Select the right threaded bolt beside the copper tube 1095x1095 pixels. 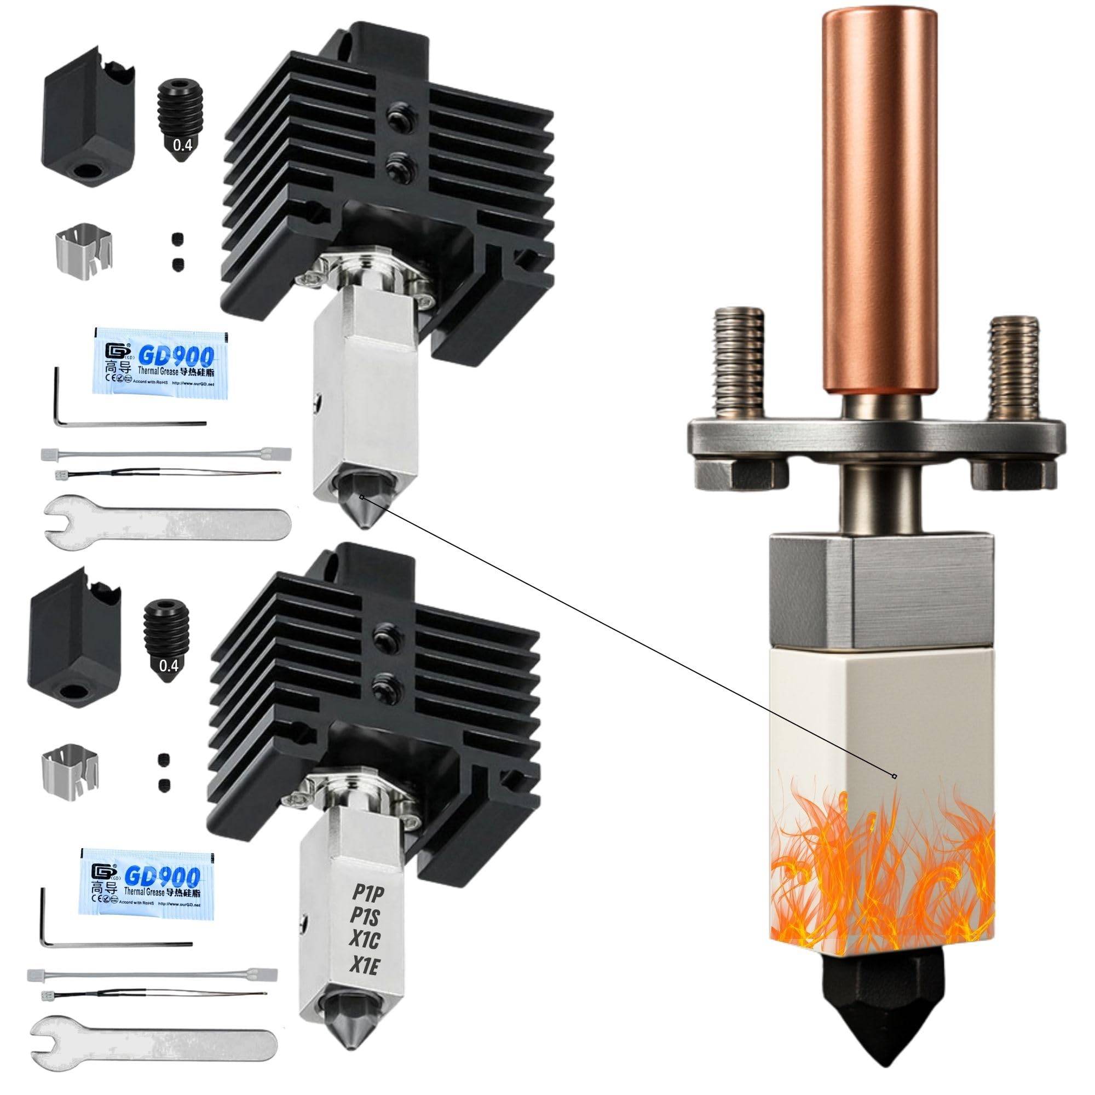pyautogui.click(x=1014, y=366)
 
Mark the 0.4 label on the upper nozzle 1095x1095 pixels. pyautogui.click(x=182, y=145)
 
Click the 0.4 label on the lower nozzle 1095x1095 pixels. pyautogui.click(x=168, y=665)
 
